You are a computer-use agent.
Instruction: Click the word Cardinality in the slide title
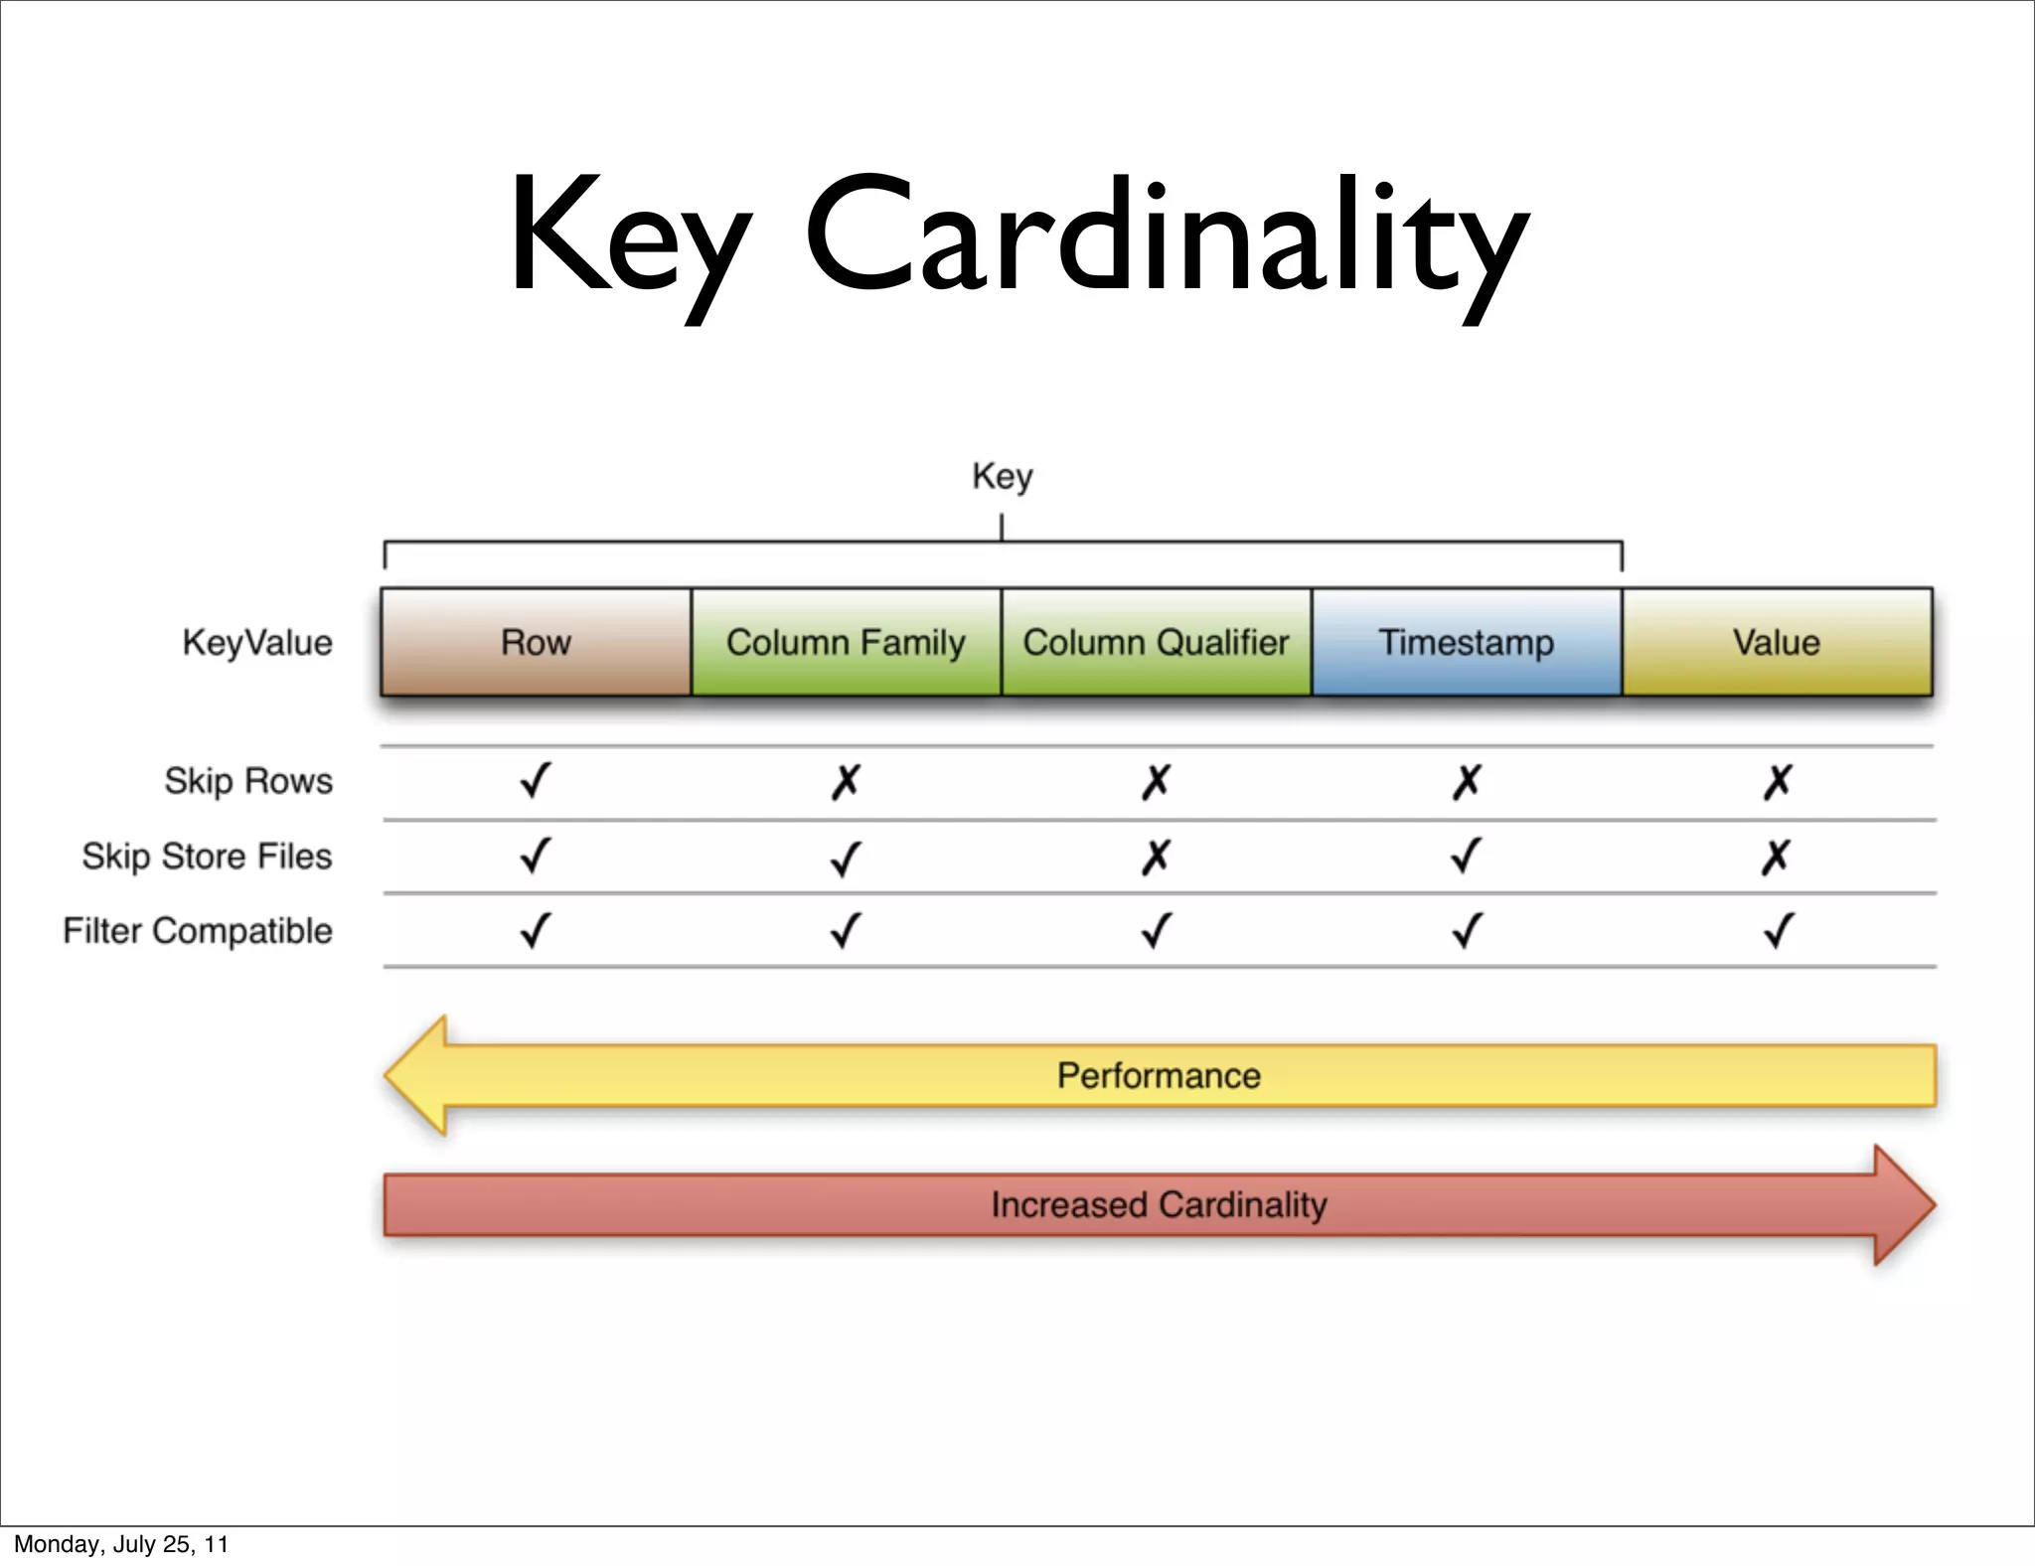(x=1168, y=238)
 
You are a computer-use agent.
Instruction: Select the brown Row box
(x=536, y=642)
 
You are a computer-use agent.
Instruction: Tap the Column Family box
(x=846, y=642)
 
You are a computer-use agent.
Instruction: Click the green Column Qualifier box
(x=1156, y=642)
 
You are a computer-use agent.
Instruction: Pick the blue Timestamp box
(x=1466, y=642)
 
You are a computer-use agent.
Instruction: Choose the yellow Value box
(x=1777, y=642)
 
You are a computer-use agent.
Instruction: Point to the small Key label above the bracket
(x=1002, y=476)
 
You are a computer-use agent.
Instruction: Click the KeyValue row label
(x=257, y=642)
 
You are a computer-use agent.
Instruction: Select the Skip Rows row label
(x=248, y=781)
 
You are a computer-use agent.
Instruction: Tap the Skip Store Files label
(x=207, y=856)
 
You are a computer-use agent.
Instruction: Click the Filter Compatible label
(x=198, y=931)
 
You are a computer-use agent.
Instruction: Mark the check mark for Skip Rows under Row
(x=536, y=781)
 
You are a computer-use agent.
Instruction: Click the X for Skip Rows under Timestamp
(x=1467, y=782)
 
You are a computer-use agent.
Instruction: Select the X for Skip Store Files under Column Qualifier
(x=1156, y=857)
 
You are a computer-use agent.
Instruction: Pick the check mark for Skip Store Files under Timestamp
(x=1467, y=856)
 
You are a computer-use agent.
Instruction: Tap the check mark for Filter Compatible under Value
(x=1778, y=931)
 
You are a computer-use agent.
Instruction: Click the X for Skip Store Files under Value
(x=1777, y=857)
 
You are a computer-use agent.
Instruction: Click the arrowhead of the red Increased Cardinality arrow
(x=1902, y=1204)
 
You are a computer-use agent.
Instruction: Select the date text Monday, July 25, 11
(x=121, y=1544)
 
